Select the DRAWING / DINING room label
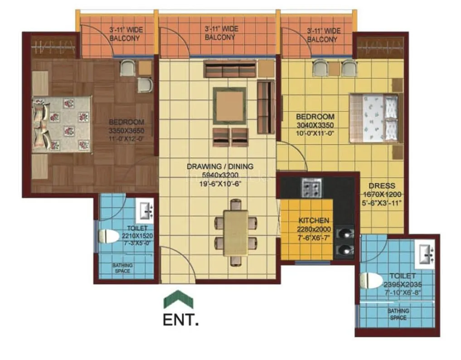click(220, 167)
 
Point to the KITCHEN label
click(314, 221)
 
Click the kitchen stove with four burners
click(311, 186)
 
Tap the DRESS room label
click(382, 186)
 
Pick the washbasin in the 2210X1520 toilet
click(146, 210)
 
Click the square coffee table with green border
click(230, 106)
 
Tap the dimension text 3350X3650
click(126, 131)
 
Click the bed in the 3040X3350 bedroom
click(374, 118)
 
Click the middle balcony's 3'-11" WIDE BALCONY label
click(220, 33)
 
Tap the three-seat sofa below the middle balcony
click(230, 70)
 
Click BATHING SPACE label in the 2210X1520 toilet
click(122, 268)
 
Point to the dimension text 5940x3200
click(220, 175)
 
